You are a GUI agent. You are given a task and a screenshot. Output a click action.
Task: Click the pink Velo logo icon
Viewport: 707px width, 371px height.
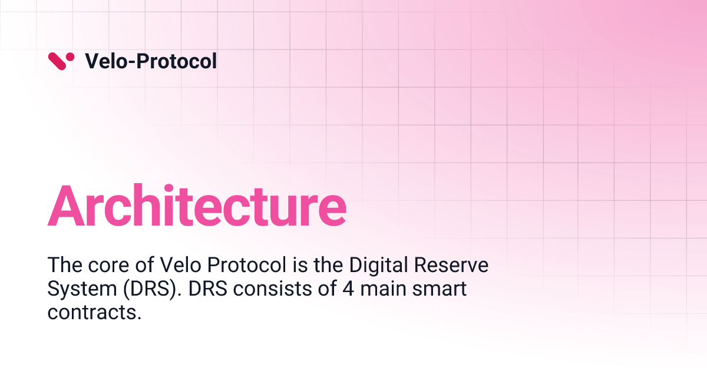(x=61, y=61)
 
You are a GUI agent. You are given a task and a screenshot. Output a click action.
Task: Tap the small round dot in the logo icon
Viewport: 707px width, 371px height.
(x=71, y=57)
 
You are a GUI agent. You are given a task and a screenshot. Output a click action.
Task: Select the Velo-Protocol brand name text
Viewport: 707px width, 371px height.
(x=151, y=61)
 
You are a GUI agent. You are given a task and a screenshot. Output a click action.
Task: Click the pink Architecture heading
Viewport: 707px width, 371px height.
(x=197, y=206)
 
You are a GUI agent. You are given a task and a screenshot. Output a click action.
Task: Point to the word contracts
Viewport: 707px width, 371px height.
(x=94, y=313)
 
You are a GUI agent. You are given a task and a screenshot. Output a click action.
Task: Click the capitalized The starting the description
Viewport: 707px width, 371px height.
(x=63, y=266)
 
